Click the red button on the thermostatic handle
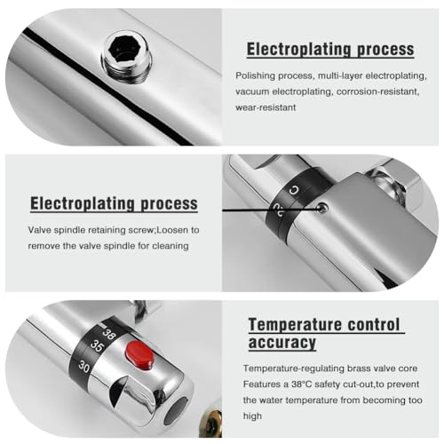click(x=140, y=354)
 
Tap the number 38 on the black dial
click(x=108, y=334)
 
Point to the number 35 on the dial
click(x=97, y=345)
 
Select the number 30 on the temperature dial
click(x=84, y=367)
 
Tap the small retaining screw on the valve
click(x=322, y=208)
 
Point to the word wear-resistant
click(x=266, y=107)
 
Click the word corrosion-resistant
click(x=378, y=91)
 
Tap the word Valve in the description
click(x=39, y=230)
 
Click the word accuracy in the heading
click(x=282, y=343)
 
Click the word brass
click(x=359, y=369)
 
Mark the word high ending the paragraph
click(x=252, y=416)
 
